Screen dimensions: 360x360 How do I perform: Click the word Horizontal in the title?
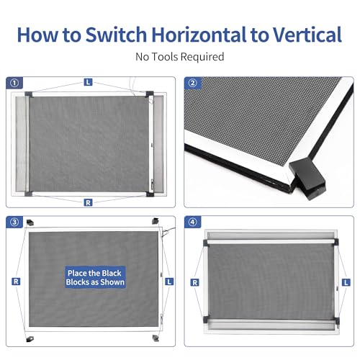(199, 35)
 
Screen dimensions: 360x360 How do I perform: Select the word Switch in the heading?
(116, 35)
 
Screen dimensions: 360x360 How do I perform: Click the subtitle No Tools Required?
(180, 57)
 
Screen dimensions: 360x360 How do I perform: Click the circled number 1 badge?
(14, 83)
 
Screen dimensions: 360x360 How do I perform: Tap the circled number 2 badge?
(193, 83)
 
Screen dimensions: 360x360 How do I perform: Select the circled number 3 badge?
(14, 222)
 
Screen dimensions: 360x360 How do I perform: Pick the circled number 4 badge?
(193, 222)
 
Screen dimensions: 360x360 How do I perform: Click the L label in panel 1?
(88, 82)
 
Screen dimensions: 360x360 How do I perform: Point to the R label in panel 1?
(88, 202)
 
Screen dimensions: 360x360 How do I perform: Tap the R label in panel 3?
(16, 282)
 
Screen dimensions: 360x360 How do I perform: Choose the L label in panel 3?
(169, 282)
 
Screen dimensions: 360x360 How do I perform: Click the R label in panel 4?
(194, 282)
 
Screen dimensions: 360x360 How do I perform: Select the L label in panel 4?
(346, 282)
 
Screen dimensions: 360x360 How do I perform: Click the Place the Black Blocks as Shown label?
(95, 277)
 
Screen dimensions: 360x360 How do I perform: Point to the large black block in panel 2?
(307, 179)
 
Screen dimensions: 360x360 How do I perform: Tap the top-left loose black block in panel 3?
(30, 222)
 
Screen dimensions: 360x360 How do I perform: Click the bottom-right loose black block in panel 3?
(156, 338)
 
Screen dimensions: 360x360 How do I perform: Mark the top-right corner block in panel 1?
(150, 94)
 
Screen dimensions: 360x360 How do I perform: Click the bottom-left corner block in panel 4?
(206, 320)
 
